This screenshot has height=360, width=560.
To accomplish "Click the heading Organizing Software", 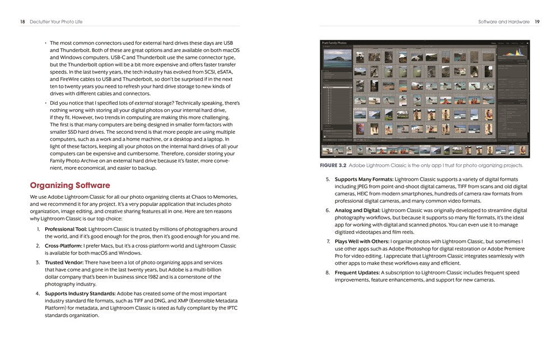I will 70,185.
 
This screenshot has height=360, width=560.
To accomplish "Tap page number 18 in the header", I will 22,21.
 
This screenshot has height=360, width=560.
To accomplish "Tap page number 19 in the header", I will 537,21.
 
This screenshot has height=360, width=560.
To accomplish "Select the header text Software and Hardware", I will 503,21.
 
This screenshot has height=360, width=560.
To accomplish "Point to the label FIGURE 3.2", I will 333,165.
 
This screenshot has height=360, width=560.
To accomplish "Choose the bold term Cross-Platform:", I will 63,245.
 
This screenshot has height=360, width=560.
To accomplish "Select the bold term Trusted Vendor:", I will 64,262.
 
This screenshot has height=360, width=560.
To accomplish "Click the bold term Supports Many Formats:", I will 364,179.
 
